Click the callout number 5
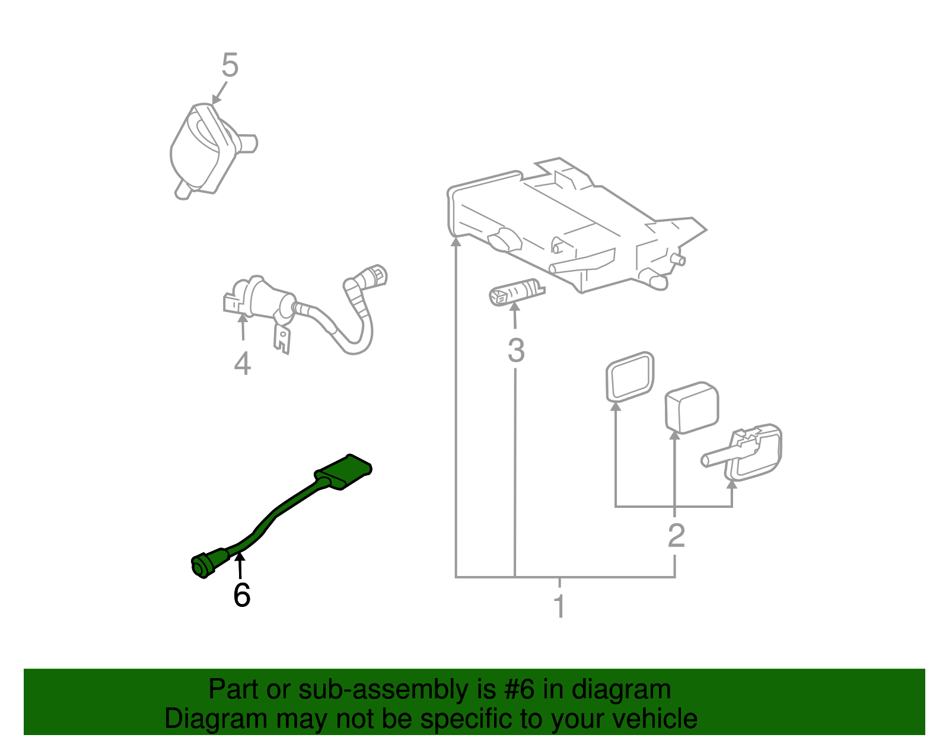(x=230, y=65)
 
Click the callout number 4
(x=242, y=363)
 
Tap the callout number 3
(x=516, y=351)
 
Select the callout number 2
(x=676, y=536)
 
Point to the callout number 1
(x=559, y=606)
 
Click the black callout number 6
(x=241, y=595)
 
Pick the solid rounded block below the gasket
(x=692, y=408)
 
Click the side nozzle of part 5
(x=248, y=143)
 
